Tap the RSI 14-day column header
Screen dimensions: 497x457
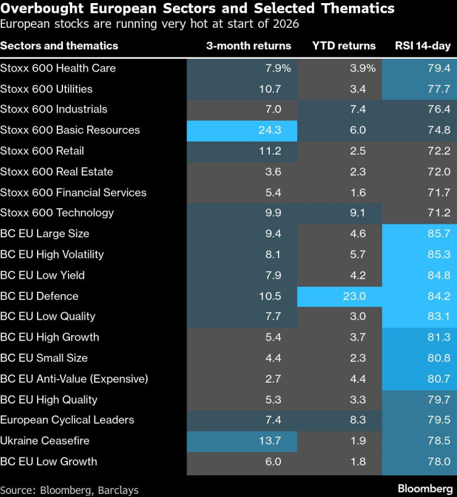[422, 46]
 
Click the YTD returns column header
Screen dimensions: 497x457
[343, 46]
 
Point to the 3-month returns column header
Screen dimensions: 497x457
[248, 46]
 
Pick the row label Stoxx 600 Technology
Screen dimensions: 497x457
[57, 213]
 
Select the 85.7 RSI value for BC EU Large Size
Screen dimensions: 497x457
[435, 234]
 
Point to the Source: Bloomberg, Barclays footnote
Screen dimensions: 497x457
[69, 490]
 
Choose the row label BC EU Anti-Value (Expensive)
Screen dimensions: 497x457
[74, 378]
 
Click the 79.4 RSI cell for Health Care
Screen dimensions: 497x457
[435, 68]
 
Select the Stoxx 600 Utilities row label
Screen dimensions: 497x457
[46, 88]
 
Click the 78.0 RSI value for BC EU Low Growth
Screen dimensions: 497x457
[435, 462]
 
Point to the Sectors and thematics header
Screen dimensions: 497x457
[59, 46]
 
